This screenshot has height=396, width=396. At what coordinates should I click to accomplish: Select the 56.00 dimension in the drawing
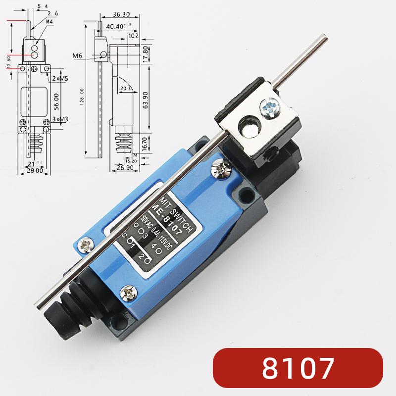click(57, 98)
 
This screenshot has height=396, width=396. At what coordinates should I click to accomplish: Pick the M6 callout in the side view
click(77, 56)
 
